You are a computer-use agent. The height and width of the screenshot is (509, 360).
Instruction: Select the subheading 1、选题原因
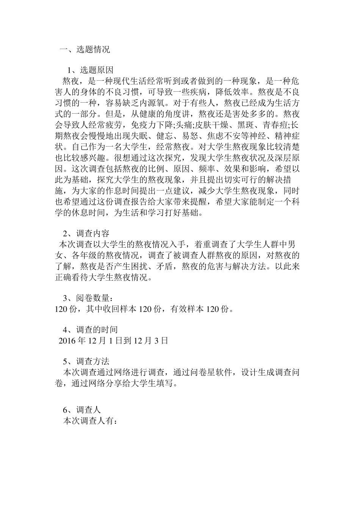point(90,70)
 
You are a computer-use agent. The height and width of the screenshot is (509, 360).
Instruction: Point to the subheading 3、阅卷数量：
point(88,299)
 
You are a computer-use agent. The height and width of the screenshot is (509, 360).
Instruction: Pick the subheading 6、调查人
point(82,410)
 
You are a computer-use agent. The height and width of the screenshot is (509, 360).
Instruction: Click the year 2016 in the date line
point(67,340)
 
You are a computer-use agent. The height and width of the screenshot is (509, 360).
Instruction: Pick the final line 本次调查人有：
point(91,421)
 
